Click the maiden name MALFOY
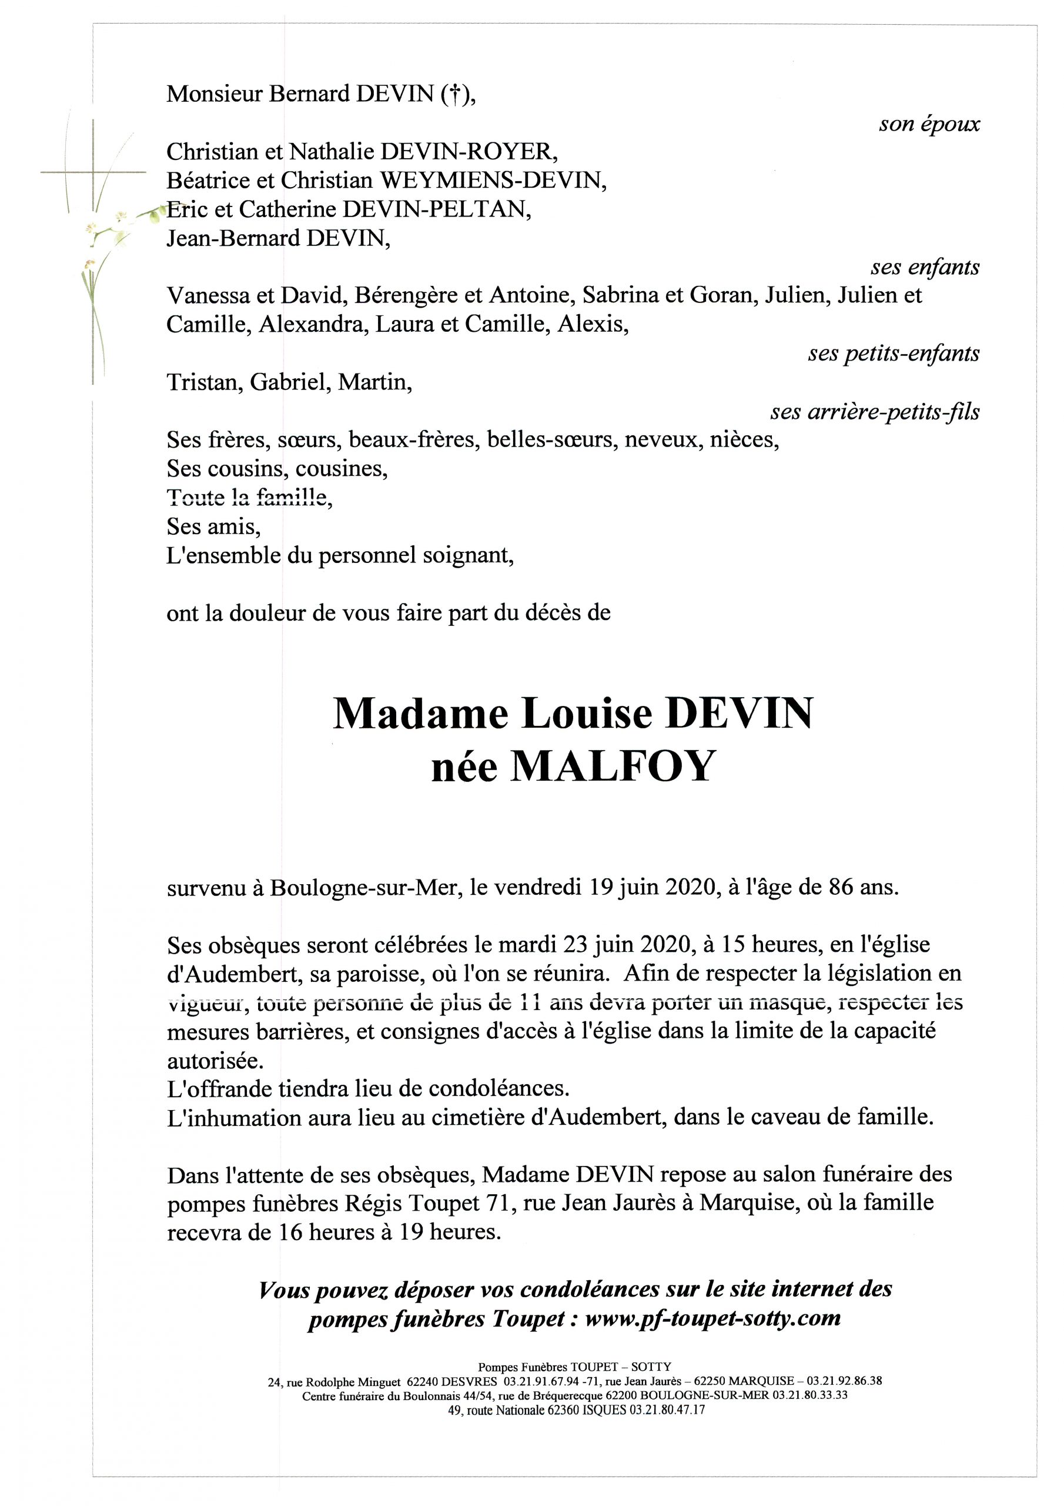611,767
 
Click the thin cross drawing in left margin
93,173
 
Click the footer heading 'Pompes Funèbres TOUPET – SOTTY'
574,1367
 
